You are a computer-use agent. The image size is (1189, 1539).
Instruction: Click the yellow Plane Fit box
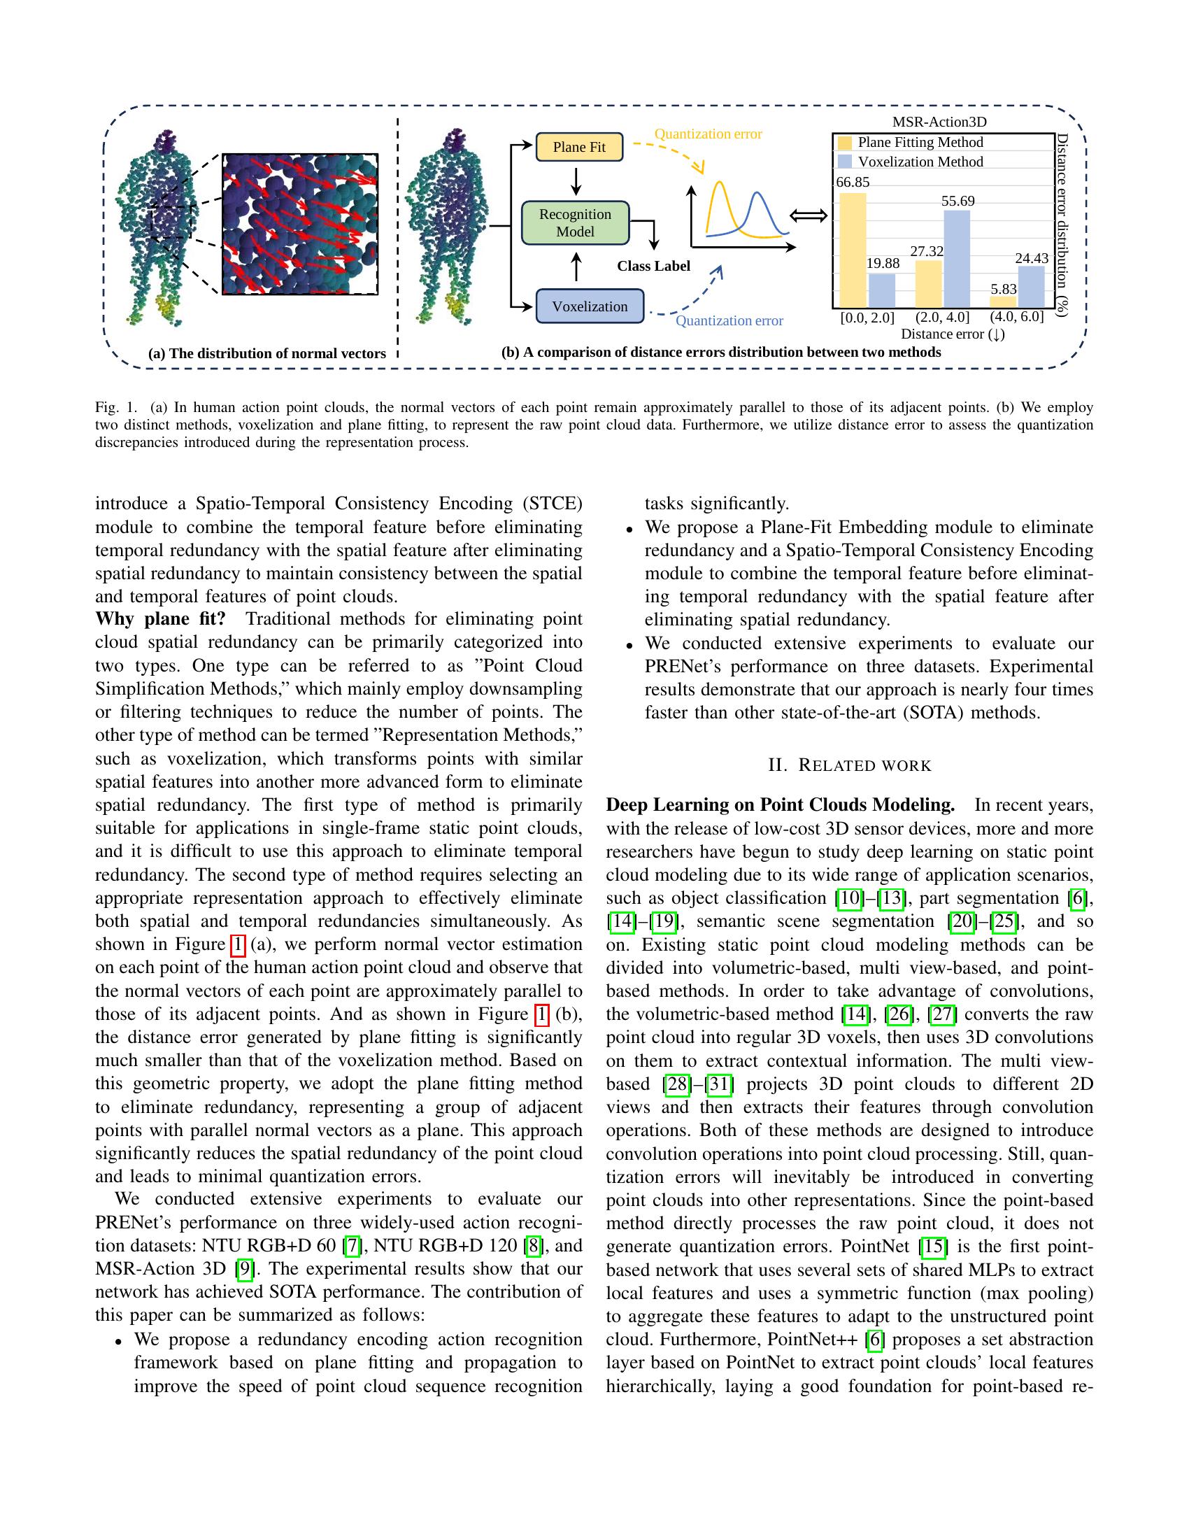pos(579,148)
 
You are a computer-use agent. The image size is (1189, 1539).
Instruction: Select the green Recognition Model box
pos(575,223)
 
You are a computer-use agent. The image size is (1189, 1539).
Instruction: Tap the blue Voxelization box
pos(590,306)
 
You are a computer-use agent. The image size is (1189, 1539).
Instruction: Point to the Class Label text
pos(653,267)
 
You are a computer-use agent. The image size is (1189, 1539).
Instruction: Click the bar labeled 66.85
pos(853,250)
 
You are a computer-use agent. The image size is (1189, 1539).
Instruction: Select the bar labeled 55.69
pos(957,259)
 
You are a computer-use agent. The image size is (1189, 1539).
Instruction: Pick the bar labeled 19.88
pos(882,290)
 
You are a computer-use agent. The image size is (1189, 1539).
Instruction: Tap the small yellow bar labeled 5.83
pos(1003,302)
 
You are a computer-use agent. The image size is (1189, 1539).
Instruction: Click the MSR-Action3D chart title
pos(939,122)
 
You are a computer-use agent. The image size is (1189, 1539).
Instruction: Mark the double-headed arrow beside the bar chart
pos(809,216)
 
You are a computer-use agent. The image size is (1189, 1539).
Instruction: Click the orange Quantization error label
pos(708,134)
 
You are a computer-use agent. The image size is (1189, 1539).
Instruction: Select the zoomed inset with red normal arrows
pos(300,224)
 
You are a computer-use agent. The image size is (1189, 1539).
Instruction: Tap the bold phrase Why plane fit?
pos(161,619)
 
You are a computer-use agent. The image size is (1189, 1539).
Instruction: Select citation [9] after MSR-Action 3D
pos(244,1269)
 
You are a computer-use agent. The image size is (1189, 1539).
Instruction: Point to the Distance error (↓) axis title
pos(953,334)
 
